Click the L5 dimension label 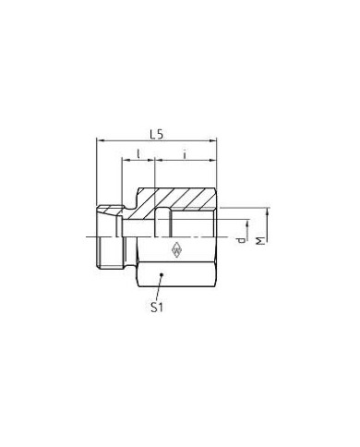156,134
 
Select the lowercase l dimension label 138,153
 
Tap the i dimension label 185,154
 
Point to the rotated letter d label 242,240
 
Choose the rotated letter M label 260,241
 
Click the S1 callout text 157,307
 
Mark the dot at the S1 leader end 161,273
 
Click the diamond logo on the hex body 177,249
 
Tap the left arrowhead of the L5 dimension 100,141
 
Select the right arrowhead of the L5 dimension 213,141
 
